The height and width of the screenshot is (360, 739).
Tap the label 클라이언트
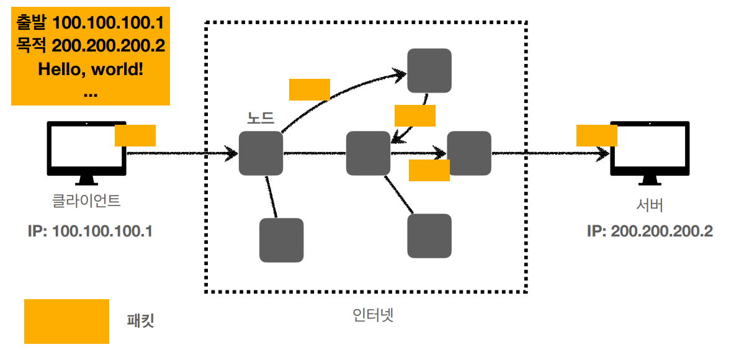click(87, 201)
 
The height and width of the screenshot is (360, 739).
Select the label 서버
click(650, 205)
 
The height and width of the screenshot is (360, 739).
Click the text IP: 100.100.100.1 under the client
click(91, 232)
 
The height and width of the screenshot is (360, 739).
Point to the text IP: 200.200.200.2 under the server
click(650, 232)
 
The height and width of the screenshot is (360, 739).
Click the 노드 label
click(261, 117)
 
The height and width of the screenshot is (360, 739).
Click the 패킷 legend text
click(140, 321)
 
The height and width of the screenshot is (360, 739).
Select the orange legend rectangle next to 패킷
click(66, 321)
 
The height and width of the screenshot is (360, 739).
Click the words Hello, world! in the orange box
click(91, 69)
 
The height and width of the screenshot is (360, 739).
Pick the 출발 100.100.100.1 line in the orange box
click(91, 24)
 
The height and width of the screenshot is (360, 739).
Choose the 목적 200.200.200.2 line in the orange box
click(91, 47)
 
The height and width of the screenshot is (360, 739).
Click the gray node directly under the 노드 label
click(261, 153)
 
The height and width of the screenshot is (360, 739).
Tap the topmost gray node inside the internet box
click(429, 71)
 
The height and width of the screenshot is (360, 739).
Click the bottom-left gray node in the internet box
click(281, 240)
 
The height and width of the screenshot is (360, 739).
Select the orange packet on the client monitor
click(135, 135)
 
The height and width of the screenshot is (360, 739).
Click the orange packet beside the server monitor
click(596, 135)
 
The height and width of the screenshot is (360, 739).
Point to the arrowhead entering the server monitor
click(603, 153)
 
